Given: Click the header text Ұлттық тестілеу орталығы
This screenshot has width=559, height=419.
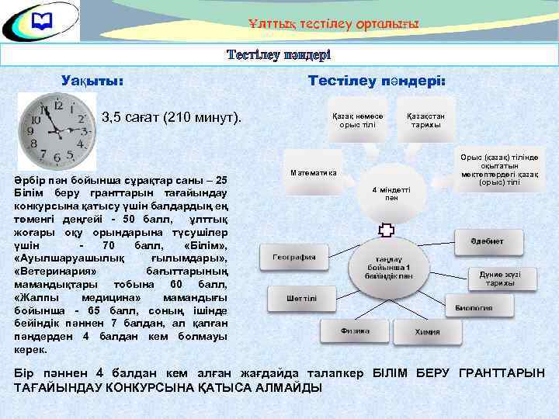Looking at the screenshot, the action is [334, 24].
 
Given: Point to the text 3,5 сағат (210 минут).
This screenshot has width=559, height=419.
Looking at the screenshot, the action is [172, 118].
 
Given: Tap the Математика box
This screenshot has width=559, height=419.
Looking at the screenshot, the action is [313, 171].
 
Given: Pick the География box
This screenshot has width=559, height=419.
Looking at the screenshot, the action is [294, 257].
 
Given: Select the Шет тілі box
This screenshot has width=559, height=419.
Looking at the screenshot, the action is [300, 298].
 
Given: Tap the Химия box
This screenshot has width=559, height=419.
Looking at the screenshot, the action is [425, 331].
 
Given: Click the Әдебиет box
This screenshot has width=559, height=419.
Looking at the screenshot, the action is [486, 241].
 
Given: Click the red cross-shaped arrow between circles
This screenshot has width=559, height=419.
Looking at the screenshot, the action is [386, 230].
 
